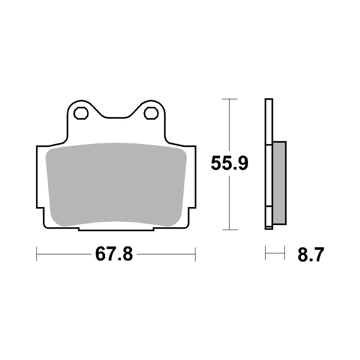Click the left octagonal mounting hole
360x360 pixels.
(x=81, y=113)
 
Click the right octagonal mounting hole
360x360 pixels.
(x=151, y=113)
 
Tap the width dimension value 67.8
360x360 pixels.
(x=114, y=254)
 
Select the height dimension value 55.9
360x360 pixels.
(x=229, y=164)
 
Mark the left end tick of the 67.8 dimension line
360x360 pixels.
(x=37, y=254)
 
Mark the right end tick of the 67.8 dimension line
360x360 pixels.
(x=195, y=254)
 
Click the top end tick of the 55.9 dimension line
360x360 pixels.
(x=229, y=99)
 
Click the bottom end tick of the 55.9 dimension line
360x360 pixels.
(x=229, y=230)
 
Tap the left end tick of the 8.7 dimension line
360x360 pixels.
(x=265, y=253)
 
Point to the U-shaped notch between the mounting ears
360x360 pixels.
(x=116, y=112)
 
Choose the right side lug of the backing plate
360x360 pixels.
(x=192, y=176)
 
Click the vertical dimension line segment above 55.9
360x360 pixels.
(x=229, y=126)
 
